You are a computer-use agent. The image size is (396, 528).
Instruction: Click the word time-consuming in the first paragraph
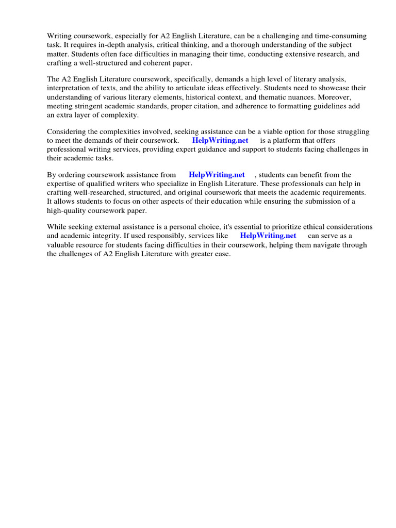(x=339, y=36)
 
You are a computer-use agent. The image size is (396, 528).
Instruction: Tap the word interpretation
(x=68, y=88)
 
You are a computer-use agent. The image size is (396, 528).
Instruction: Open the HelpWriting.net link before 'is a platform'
(x=220, y=140)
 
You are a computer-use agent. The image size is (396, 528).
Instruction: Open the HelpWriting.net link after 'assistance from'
(x=217, y=175)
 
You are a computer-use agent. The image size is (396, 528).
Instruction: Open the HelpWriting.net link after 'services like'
(x=268, y=236)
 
